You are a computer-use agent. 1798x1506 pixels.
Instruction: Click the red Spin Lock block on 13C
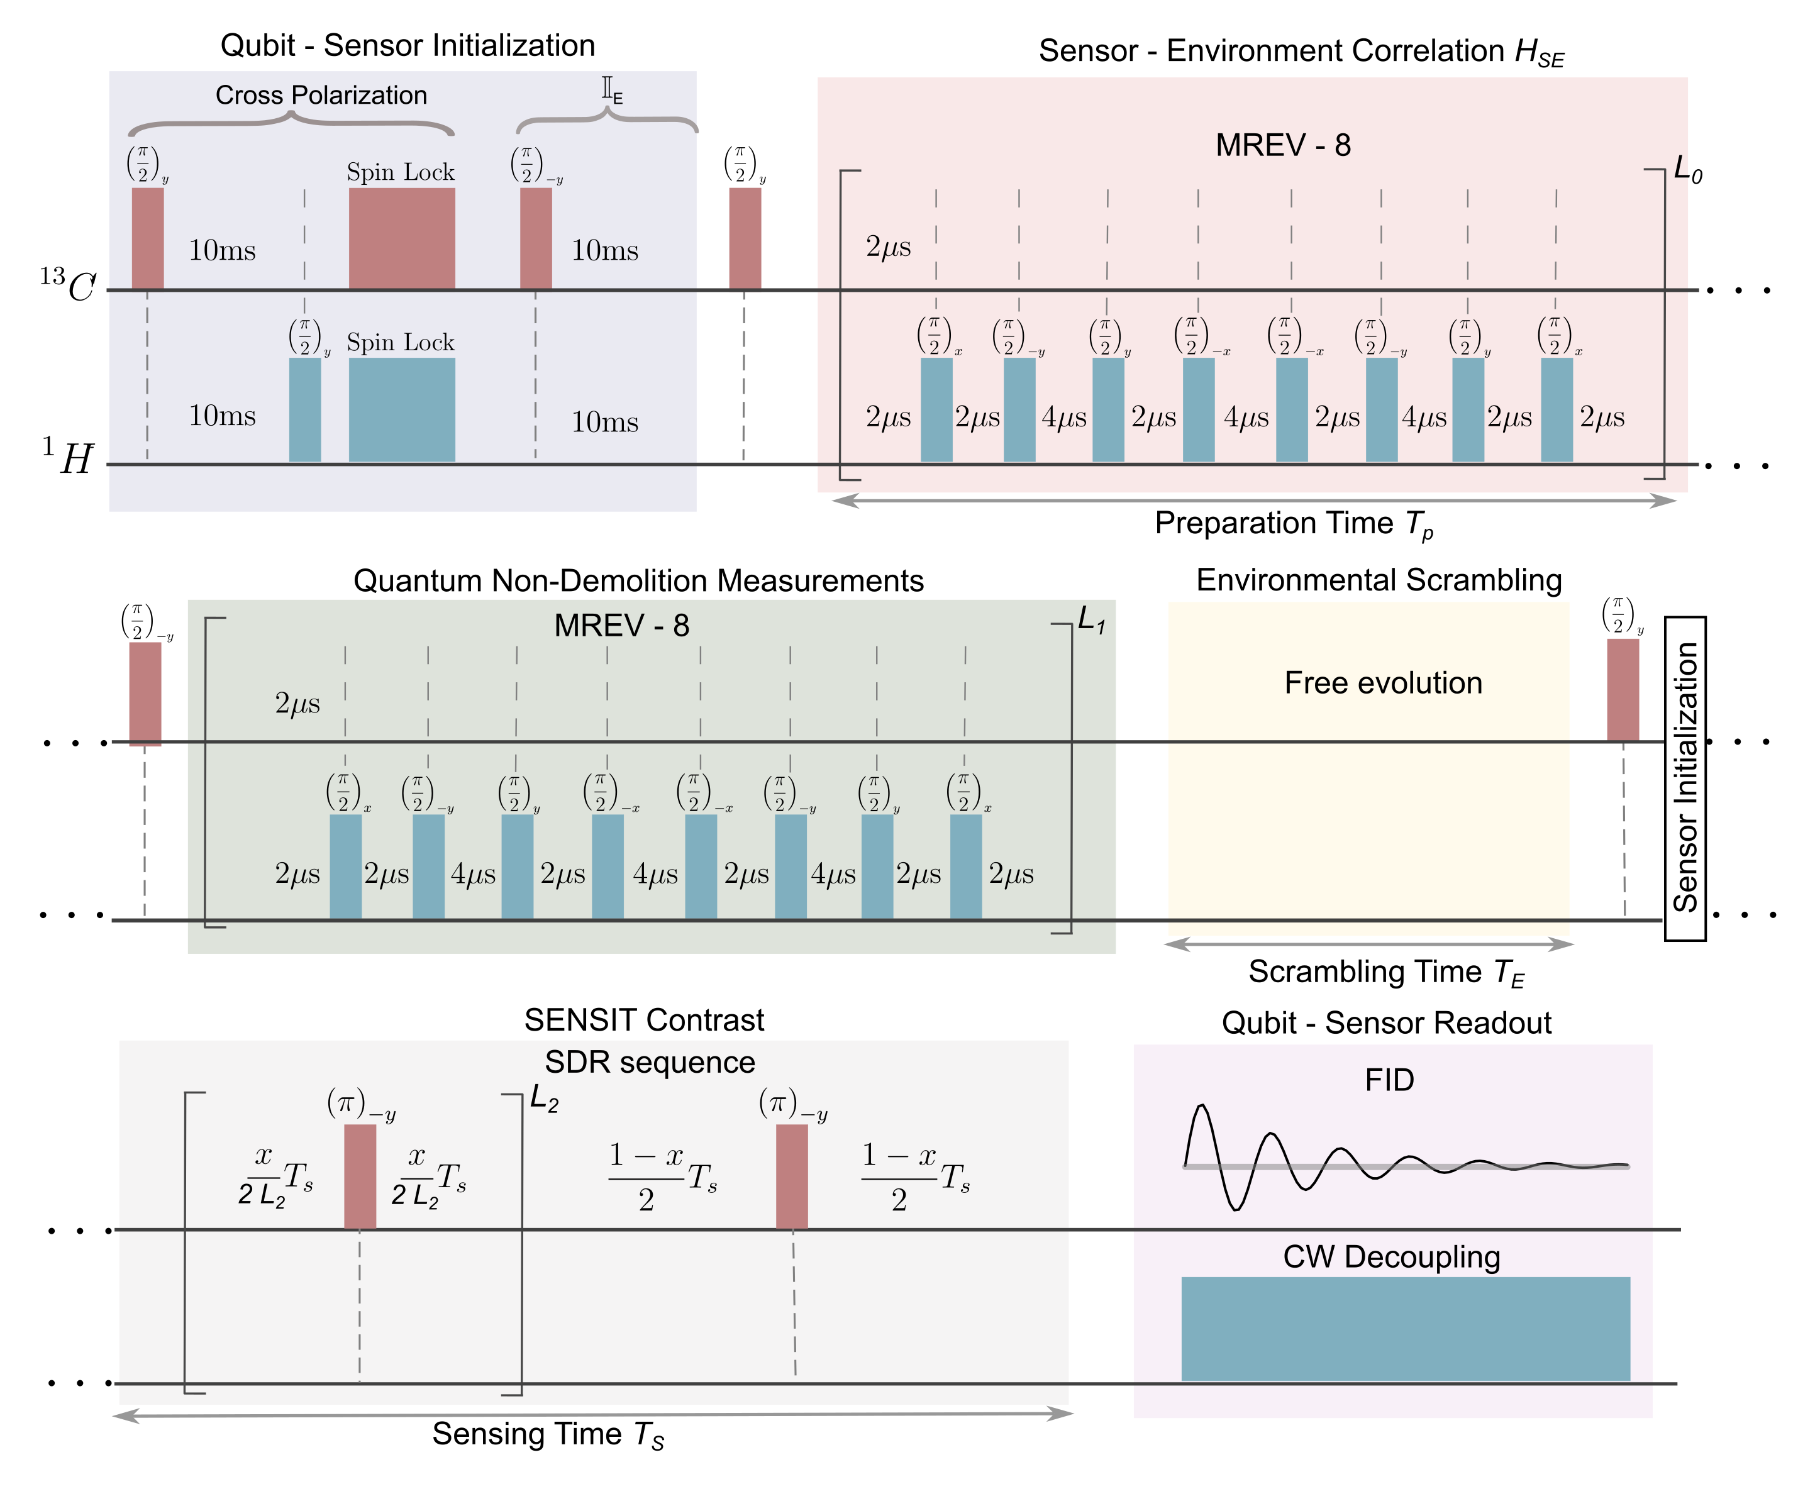(x=402, y=238)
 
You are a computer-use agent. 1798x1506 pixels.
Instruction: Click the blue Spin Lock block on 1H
(x=402, y=409)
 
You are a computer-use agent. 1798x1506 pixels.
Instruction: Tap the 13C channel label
(x=69, y=285)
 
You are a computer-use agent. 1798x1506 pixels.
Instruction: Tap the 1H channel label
(x=69, y=457)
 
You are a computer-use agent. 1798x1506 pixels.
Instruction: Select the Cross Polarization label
(x=321, y=95)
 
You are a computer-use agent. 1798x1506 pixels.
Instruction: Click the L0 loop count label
(x=1687, y=170)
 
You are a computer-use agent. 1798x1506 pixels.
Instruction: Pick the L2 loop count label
(x=544, y=1099)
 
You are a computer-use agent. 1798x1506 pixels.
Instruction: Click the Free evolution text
(x=1383, y=682)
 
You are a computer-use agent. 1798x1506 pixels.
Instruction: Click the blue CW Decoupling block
(x=1405, y=1328)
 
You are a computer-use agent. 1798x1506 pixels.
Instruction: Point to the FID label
(x=1389, y=1080)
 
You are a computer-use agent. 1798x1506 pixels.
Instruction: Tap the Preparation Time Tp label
(x=1293, y=524)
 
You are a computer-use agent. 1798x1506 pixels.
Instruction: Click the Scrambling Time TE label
(x=1385, y=973)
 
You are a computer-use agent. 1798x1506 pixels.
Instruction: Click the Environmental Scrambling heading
(x=1379, y=580)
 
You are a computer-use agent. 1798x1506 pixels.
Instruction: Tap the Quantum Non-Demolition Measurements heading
(x=638, y=580)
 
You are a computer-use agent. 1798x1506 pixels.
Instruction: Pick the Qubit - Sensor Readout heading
(x=1386, y=1022)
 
